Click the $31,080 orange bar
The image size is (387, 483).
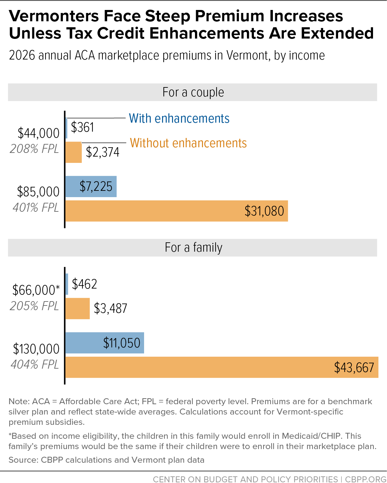tap(177, 211)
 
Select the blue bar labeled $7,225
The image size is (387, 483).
tap(91, 186)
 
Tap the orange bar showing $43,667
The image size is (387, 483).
tap(222, 367)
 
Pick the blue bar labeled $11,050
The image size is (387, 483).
tap(105, 343)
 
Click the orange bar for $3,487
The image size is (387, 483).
tap(78, 308)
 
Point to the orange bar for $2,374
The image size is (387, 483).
tap(74, 152)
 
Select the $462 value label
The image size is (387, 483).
tap(84, 284)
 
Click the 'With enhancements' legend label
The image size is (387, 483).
tap(179, 118)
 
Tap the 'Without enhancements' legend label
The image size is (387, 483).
tap(188, 143)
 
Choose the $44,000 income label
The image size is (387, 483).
tap(38, 133)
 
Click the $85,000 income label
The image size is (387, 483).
tap(38, 192)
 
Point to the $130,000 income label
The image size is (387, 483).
tap(36, 349)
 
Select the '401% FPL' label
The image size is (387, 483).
tap(36, 207)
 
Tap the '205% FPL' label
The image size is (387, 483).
tap(34, 306)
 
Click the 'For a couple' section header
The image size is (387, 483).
tap(193, 92)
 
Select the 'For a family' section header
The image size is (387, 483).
tap(194, 248)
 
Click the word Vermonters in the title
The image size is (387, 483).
tap(54, 16)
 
